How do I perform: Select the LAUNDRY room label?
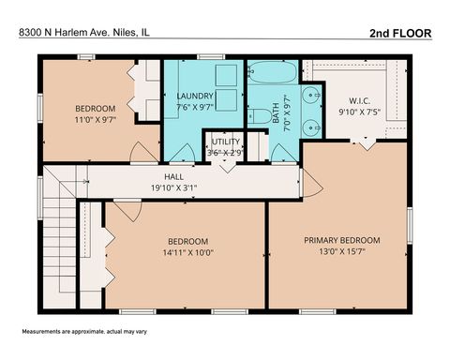coord(195,97)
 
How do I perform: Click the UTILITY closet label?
coord(226,142)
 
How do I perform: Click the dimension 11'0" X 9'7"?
coord(95,120)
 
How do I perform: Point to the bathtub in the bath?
coord(273,72)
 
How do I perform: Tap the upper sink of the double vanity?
coord(308,95)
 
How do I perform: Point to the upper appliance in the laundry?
coord(225,75)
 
